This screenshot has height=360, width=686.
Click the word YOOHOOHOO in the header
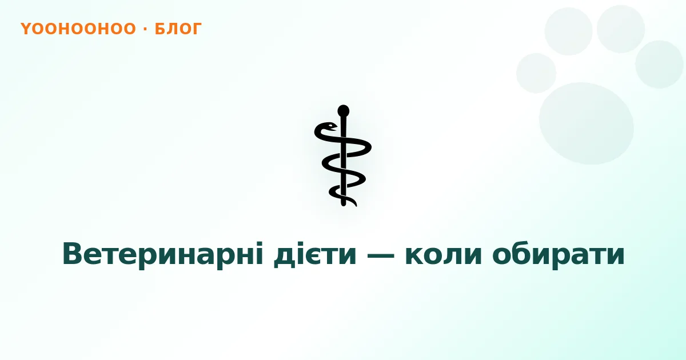pos(78,29)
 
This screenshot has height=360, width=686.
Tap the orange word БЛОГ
pos(178,29)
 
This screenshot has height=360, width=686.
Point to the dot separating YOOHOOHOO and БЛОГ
pos(145,29)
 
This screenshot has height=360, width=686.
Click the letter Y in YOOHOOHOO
pos(26,29)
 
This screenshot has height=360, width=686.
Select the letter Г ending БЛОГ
pos(196,29)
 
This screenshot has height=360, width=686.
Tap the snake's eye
pos(330,125)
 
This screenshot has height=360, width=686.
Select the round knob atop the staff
pos(344,111)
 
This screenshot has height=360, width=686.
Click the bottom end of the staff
pos(344,205)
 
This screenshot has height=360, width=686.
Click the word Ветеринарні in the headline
pos(163,254)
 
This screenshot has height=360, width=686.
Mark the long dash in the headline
pos(381,255)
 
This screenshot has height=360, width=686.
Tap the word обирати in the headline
pos(559,255)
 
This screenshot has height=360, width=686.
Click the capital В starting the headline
pos(74,253)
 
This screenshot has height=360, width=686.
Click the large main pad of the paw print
pos(586,123)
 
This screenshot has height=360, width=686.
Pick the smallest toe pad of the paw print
pos(536,73)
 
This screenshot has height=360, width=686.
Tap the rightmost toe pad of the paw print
pos(659,64)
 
